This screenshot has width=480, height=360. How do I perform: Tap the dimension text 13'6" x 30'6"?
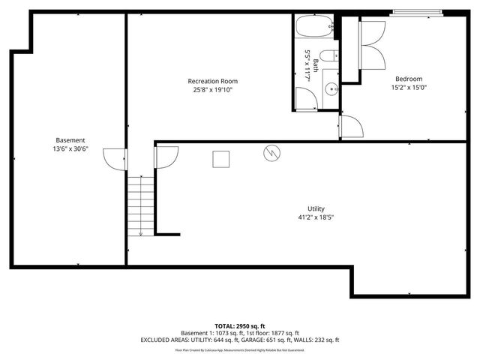tap(70, 148)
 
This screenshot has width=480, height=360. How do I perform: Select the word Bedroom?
tap(409, 79)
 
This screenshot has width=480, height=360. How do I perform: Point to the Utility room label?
tap(316, 209)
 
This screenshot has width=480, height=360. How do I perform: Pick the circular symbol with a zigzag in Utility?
tap(270, 154)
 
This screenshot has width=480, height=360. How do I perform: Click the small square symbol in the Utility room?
tap(221, 159)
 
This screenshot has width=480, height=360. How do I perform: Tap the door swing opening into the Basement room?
tap(115, 159)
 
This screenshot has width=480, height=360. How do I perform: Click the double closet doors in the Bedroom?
tap(373, 46)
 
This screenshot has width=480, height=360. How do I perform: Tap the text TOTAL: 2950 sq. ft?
tap(239, 325)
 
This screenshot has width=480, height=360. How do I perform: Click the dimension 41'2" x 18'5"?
tap(316, 217)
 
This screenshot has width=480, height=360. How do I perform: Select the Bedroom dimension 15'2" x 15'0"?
tap(409, 87)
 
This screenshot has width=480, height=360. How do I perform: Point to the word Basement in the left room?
tap(70, 140)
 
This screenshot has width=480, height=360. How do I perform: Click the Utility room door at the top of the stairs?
tap(166, 157)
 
